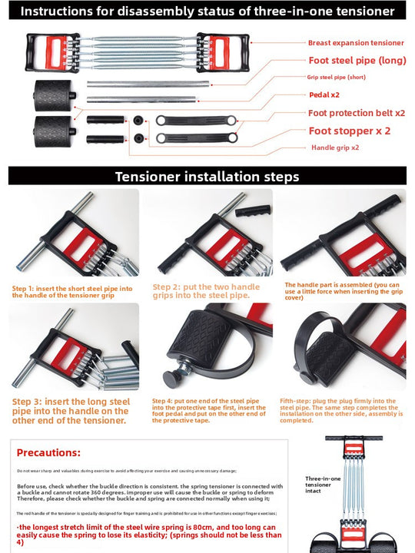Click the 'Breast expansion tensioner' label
pos(355,43)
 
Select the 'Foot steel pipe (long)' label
pos(357,60)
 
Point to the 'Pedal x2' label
pos(324,94)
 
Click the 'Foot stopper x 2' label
pos(349,131)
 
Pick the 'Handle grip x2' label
pos(334,147)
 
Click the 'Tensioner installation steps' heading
pos(207,177)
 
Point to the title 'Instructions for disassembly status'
pos(207,12)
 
